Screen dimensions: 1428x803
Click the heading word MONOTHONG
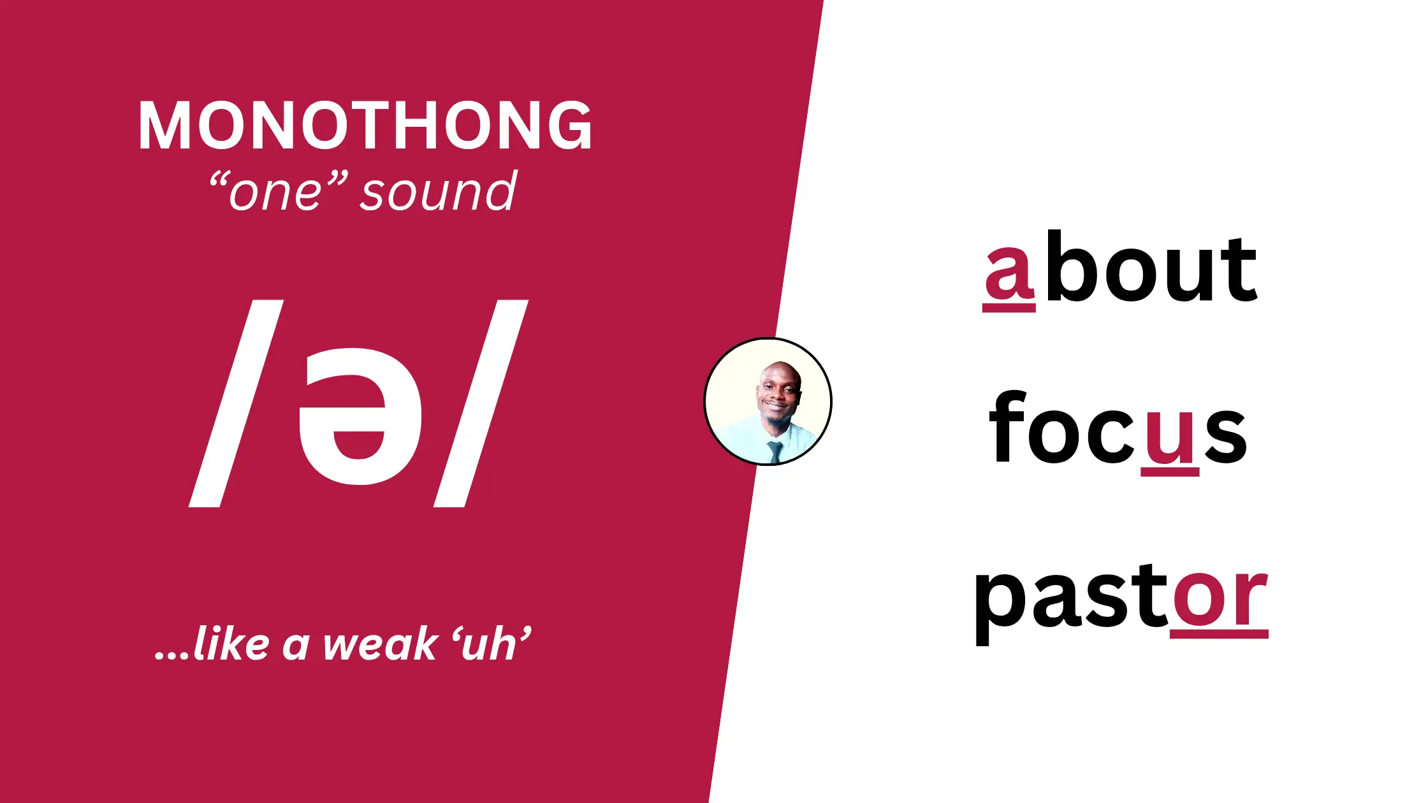coord(365,126)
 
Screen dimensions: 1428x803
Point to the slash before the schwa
coord(236,403)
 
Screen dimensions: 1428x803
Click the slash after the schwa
coord(481,403)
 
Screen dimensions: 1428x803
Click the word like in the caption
coord(231,644)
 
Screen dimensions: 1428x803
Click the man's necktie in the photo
coord(775,452)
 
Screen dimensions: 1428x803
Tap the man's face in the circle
coord(779,393)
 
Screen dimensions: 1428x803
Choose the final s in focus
coord(1225,436)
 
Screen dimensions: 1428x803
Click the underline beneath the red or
coord(1219,634)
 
